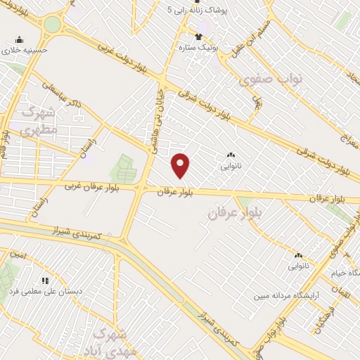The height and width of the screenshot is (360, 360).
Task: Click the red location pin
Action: click(181, 165)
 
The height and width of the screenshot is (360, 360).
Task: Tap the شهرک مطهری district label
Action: click(38, 120)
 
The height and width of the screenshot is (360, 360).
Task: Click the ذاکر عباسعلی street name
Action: click(63, 97)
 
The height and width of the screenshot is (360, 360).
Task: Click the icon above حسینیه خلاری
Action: click(19, 39)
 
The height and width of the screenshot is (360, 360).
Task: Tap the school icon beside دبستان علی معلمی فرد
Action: click(46, 280)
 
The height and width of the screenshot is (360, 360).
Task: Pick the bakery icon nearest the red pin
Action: click(231, 156)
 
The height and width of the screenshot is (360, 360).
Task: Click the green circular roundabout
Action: click(53, 25)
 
